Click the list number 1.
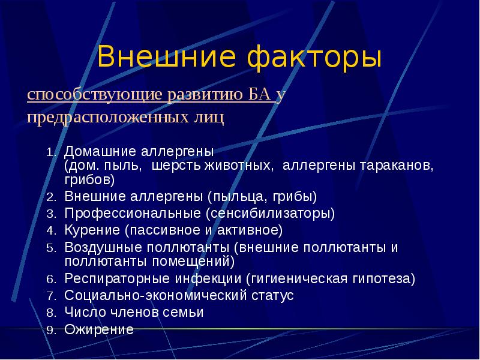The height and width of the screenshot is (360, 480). (x=51, y=152)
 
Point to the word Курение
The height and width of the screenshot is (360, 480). (x=92, y=230)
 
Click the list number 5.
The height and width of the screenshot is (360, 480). (x=51, y=247)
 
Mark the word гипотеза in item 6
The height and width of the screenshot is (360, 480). (x=387, y=279)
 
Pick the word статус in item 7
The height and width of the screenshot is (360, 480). (x=271, y=296)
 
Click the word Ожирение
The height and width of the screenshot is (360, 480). (x=99, y=329)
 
